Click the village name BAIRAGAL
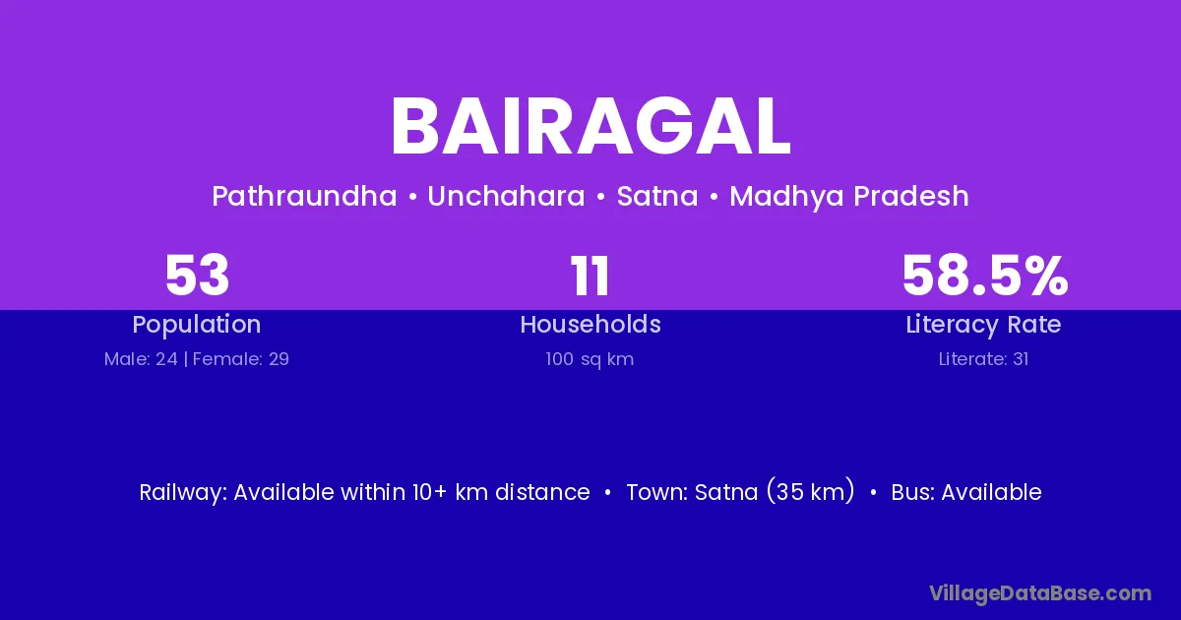coord(590,127)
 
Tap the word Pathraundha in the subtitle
coord(304,196)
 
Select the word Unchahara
coord(506,196)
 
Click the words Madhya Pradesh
coord(848,197)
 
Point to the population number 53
coord(197,276)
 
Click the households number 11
coord(590,276)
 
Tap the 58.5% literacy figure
coord(985,276)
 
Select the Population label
coord(197,324)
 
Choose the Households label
coord(590,324)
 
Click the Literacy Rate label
coord(983,325)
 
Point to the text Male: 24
coord(141,359)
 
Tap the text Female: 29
coord(241,359)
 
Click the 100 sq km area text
coord(590,359)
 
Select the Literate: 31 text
coord(983,359)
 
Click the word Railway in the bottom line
coord(183,493)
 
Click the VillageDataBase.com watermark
coord(1040,593)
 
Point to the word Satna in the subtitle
coord(657,196)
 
